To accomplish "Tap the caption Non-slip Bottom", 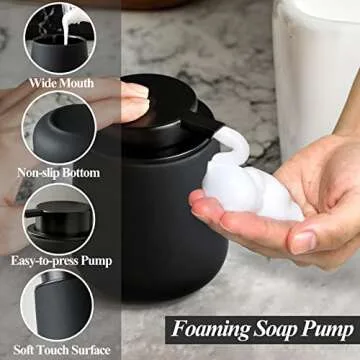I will pos(58,173).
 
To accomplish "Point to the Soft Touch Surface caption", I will pos(57,351).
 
